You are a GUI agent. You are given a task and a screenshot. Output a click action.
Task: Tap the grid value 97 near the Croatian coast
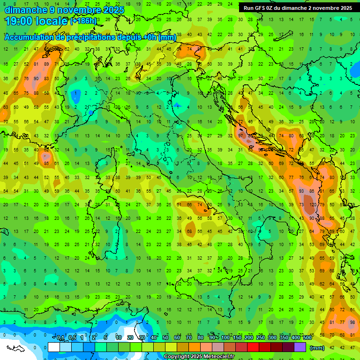(x=240, y=135)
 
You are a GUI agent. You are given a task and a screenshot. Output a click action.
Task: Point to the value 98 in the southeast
(x=352, y=322)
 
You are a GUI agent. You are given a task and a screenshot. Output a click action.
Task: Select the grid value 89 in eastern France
(x=46, y=64)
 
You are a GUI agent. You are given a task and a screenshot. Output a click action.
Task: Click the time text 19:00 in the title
(x=20, y=21)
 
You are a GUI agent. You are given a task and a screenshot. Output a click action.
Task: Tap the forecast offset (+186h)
(x=83, y=21)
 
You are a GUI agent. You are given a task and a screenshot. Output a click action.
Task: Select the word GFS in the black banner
(x=260, y=8)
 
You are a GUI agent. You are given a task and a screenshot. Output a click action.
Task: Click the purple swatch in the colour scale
(x=300, y=347)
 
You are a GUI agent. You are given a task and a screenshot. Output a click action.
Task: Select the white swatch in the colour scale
(x=54, y=347)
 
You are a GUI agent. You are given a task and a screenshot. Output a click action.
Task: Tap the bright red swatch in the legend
(x=253, y=347)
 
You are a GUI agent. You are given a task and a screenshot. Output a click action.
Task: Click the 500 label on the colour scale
(x=307, y=338)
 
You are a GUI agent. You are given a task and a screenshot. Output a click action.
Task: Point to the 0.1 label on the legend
(x=60, y=338)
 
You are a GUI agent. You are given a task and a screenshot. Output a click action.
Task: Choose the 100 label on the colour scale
(x=225, y=338)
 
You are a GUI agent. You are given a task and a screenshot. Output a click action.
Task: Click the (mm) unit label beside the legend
(x=317, y=348)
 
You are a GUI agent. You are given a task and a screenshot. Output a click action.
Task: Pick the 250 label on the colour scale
(x=260, y=338)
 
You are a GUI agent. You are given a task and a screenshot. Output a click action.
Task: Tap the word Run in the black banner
(x=248, y=8)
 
